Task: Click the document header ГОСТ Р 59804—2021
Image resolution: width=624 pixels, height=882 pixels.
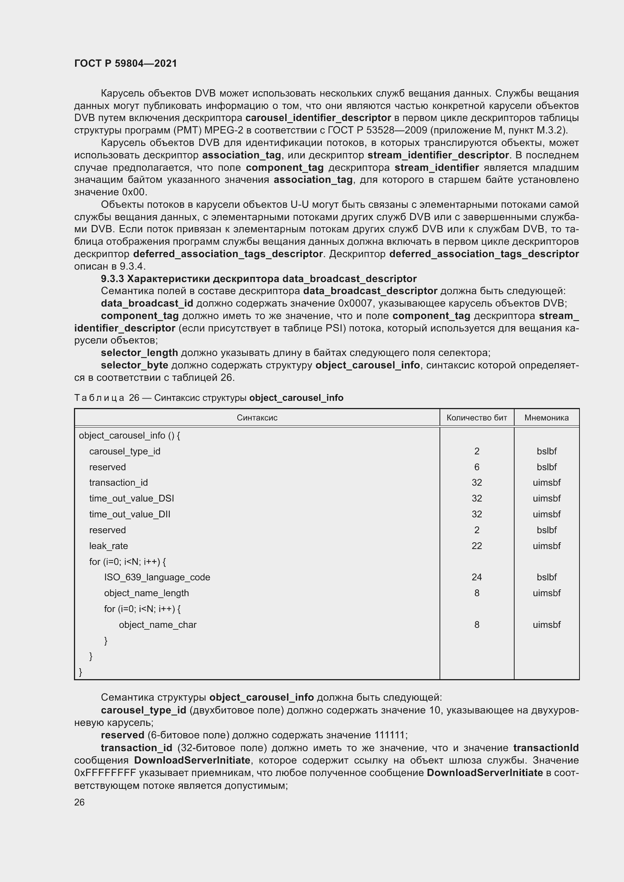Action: click(125, 63)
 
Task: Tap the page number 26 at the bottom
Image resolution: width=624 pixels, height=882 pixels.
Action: click(79, 802)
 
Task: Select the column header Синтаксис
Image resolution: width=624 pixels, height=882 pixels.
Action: click(257, 417)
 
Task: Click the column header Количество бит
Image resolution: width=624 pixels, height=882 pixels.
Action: click(476, 417)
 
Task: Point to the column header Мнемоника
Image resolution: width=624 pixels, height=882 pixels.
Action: click(546, 417)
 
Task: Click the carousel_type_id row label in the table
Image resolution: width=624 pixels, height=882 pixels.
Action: click(124, 451)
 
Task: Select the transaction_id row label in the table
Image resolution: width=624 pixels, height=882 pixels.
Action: click(118, 483)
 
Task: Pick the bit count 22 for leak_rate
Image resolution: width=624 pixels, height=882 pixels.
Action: click(476, 546)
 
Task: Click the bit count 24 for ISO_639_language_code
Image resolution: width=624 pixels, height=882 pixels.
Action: click(476, 577)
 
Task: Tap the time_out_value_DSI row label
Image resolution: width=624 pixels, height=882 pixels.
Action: click(131, 498)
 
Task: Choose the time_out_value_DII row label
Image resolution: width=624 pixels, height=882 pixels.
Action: click(129, 514)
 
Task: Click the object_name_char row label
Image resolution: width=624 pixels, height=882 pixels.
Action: click(158, 624)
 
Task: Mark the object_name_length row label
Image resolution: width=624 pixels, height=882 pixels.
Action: click(146, 593)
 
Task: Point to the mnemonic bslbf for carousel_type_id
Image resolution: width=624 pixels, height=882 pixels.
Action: click(546, 451)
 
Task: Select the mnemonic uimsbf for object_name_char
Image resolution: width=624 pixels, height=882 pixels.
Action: click(546, 624)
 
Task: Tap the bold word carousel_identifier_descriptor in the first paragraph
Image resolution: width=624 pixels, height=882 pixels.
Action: click(318, 118)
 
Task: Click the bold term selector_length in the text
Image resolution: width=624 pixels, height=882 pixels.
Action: click(139, 352)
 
